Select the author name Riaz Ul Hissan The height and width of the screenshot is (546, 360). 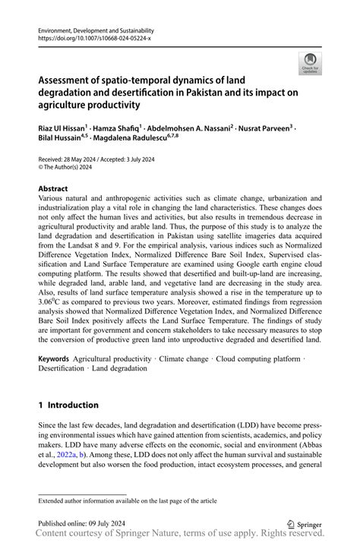pyautogui.click(x=62, y=130)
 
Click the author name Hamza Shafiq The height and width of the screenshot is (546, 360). pyautogui.click(x=118, y=130)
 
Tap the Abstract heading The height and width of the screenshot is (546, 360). pyautogui.click(x=53, y=188)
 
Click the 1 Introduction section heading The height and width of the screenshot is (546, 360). pyautogui.click(x=69, y=405)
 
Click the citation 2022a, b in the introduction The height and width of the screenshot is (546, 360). pyautogui.click(x=88, y=453)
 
